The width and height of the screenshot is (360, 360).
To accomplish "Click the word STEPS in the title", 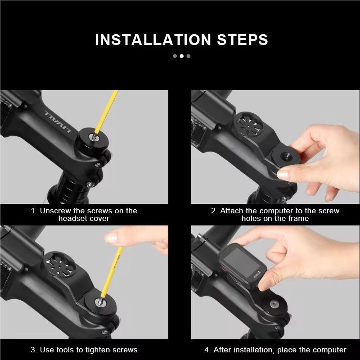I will [x=239, y=40].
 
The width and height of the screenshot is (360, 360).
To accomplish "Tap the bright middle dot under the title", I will [x=181, y=56].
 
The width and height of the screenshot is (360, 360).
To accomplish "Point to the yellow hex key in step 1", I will [x=108, y=110].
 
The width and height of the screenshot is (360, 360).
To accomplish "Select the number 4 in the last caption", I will [x=207, y=350].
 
